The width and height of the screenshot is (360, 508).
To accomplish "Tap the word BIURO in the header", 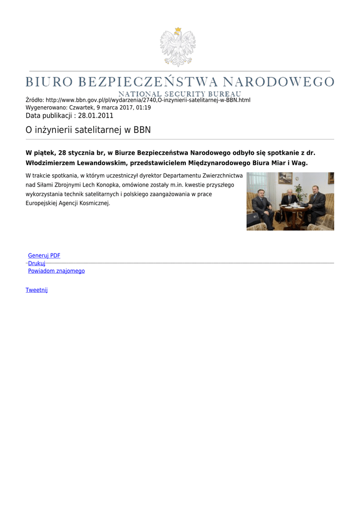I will click(49, 82).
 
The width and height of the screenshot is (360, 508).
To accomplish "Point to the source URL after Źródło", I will click(148, 100).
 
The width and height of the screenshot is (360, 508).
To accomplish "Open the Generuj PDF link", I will click(44, 255).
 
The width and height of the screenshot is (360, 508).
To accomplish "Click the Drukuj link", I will click(37, 263).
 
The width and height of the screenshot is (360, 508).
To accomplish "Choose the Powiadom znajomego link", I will click(56, 271).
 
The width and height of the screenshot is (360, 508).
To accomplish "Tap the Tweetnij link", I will click(37, 290).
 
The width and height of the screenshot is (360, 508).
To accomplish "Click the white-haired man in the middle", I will click(289, 198).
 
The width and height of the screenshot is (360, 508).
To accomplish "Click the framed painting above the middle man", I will click(285, 178).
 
